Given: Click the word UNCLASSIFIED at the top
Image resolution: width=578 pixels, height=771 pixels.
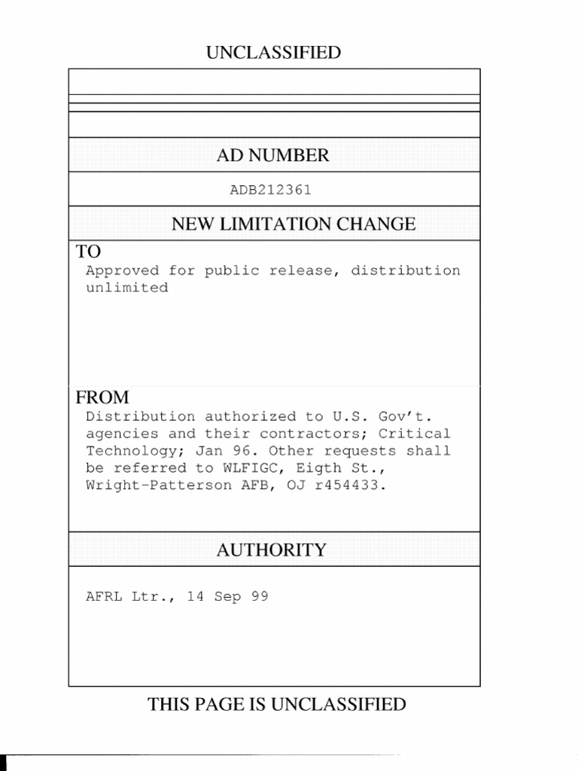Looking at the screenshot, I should tap(273, 53).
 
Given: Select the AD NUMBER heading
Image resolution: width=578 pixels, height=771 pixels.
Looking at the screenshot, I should tap(272, 156).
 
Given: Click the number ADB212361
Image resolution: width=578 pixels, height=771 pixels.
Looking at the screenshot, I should tap(270, 190).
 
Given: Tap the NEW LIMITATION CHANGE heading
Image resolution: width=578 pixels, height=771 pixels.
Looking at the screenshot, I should tap(294, 224).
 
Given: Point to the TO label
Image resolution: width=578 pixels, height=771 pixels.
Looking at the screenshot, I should tap(88, 251).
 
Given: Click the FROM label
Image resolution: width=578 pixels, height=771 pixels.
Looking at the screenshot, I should tap(102, 398).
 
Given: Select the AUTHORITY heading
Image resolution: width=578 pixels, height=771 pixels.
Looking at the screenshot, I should tap(272, 550).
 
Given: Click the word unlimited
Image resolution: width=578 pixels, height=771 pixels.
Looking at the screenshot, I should tap(126, 288).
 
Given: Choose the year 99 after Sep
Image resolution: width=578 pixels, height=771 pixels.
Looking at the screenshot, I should tap(260, 597).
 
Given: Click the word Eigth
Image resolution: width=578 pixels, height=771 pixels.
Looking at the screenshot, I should tap(318, 468).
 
